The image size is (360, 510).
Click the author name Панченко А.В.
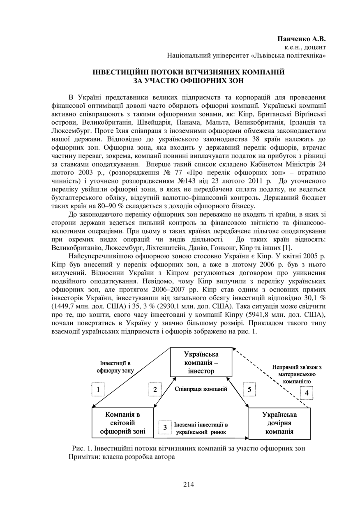[301, 39]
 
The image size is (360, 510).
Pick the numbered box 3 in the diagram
[165, 428]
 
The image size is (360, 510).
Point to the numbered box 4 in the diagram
[307, 393]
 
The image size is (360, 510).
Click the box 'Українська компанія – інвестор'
[201, 362]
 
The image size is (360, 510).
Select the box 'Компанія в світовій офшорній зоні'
[122, 423]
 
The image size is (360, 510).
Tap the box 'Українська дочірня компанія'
[279, 423]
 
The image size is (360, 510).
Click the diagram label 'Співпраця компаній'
[201, 389]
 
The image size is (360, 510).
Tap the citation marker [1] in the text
[287, 248]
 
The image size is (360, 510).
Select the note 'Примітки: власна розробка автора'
[122, 457]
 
